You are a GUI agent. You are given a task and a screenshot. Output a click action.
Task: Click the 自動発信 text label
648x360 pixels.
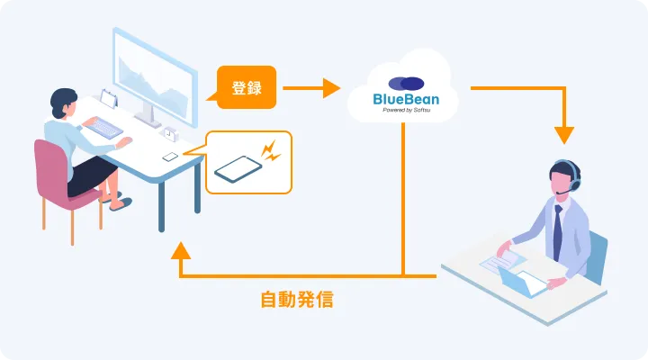coord(296,300)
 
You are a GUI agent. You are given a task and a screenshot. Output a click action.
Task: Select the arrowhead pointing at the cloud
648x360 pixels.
coord(331,88)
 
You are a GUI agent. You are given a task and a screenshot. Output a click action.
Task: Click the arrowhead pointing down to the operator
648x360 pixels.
coord(564,135)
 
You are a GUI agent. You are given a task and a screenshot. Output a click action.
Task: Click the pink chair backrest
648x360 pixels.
coord(52,166)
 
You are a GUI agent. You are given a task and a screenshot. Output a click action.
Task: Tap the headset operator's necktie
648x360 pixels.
coord(558,231)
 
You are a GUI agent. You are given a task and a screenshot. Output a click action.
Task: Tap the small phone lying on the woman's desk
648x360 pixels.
coord(170,157)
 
